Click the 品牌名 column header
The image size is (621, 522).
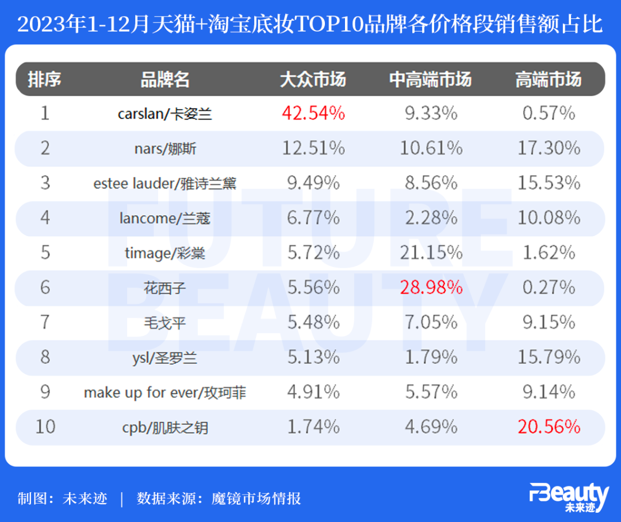coord(165,79)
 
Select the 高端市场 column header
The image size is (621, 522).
coord(548,79)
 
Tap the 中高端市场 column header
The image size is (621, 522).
coord(431,79)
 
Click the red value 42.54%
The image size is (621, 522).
coord(313,113)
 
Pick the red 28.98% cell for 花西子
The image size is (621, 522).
coord(431,287)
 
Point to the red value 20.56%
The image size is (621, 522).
coord(549,427)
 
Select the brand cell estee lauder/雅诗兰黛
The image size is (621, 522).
coord(165,184)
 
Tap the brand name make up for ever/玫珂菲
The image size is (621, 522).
coord(165,393)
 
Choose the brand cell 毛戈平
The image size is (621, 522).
coord(165,323)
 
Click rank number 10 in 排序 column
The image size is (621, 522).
coord(45,427)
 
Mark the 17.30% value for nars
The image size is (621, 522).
coord(549,148)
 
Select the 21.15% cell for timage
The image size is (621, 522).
coord(431,253)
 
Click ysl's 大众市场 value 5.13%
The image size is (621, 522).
coord(313,357)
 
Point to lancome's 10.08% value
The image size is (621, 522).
coord(549,218)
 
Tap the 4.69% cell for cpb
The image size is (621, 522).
coord(431,427)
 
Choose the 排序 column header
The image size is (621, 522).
coord(45,79)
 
